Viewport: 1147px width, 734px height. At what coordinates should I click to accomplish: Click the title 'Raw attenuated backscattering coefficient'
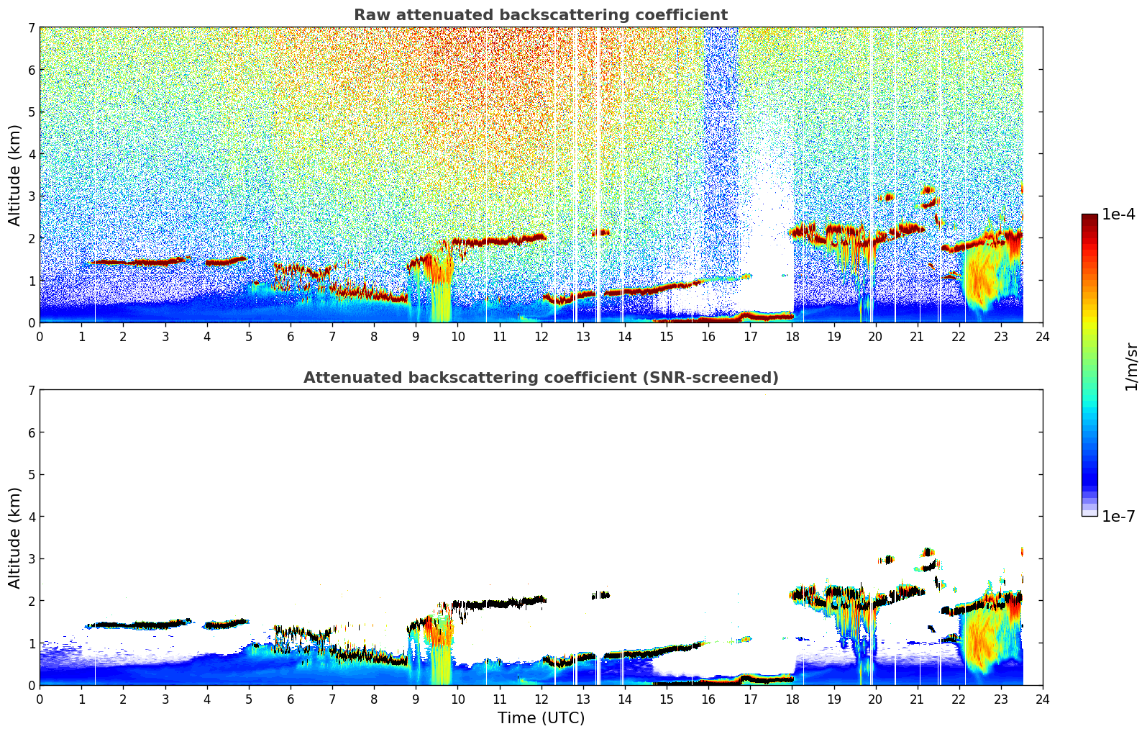[541, 15]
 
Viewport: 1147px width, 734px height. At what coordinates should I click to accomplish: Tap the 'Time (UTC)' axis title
[541, 718]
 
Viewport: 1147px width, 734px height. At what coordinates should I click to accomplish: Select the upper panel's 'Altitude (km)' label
[15, 175]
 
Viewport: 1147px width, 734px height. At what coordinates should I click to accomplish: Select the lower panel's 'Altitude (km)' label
[15, 538]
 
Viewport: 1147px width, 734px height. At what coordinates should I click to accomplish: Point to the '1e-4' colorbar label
[1118, 214]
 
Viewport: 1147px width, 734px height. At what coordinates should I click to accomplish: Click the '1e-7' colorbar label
[1118, 517]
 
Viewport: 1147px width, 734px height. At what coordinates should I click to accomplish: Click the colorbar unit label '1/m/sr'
[1131, 366]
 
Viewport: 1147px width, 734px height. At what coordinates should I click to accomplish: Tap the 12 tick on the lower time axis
[541, 699]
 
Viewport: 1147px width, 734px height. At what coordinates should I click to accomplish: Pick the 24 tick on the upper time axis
[1043, 336]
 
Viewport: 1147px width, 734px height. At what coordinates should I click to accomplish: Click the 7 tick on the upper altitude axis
[31, 28]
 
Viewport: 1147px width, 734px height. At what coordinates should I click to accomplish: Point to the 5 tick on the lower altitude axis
[31, 475]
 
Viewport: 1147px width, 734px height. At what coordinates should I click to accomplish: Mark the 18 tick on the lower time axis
[792, 699]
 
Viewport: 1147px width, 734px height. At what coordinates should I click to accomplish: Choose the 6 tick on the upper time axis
[291, 336]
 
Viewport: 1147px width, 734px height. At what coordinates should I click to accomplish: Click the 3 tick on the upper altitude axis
[31, 196]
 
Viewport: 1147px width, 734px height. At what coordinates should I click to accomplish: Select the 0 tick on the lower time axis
[40, 699]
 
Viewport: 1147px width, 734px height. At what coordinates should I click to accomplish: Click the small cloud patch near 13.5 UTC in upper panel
[601, 232]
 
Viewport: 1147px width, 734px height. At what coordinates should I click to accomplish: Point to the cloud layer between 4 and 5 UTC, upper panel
[226, 261]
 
